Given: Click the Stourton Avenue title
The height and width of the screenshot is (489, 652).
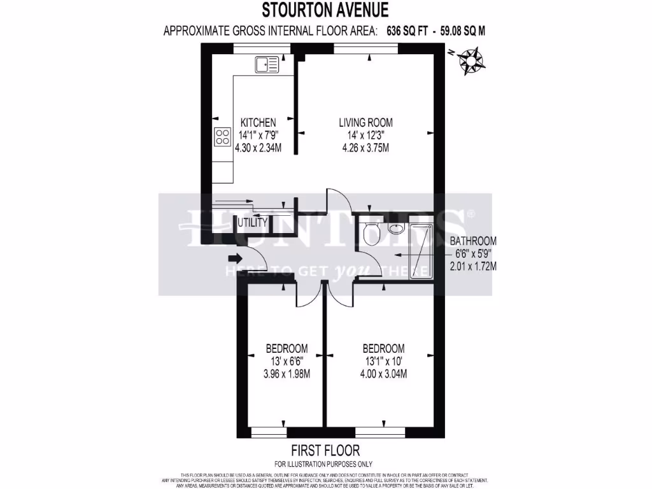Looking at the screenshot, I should [325, 10].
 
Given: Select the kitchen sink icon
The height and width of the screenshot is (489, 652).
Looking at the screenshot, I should [267, 64].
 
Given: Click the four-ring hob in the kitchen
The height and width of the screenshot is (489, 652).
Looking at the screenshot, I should [223, 136].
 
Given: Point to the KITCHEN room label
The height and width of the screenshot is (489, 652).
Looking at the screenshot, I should [258, 122].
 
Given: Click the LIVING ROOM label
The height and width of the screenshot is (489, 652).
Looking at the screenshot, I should [365, 122].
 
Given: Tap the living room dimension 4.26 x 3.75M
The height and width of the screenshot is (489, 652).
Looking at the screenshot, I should [365, 148].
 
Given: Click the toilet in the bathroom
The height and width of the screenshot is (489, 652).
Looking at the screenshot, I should [369, 236].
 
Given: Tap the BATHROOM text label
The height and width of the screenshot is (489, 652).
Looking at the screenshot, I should [473, 241].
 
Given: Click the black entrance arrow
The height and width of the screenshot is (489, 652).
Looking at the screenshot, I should [234, 258].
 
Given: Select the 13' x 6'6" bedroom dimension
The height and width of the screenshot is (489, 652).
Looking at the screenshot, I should [287, 361].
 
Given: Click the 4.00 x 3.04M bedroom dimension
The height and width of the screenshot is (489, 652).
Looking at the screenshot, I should [383, 374].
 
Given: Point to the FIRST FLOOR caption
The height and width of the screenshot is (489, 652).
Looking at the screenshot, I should [325, 450].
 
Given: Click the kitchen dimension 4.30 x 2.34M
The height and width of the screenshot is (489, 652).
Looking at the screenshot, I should [258, 148].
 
